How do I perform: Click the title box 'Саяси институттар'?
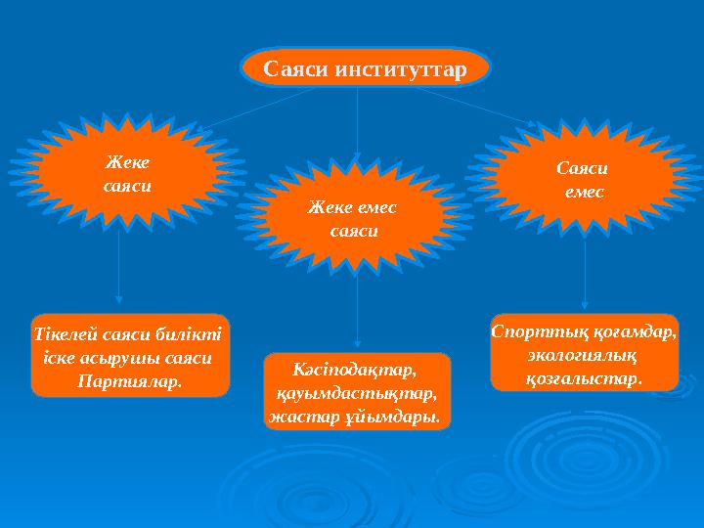click(x=364, y=67)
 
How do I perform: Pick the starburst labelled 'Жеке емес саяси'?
click(x=354, y=219)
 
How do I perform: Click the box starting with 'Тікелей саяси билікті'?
click(x=129, y=355)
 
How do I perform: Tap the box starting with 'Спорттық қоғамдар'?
click(x=584, y=353)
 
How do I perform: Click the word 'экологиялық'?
click(x=583, y=353)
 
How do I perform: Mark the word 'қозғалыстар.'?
click(x=584, y=376)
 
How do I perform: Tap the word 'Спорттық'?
click(x=529, y=330)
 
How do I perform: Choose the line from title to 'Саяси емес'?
click(x=474, y=106)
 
